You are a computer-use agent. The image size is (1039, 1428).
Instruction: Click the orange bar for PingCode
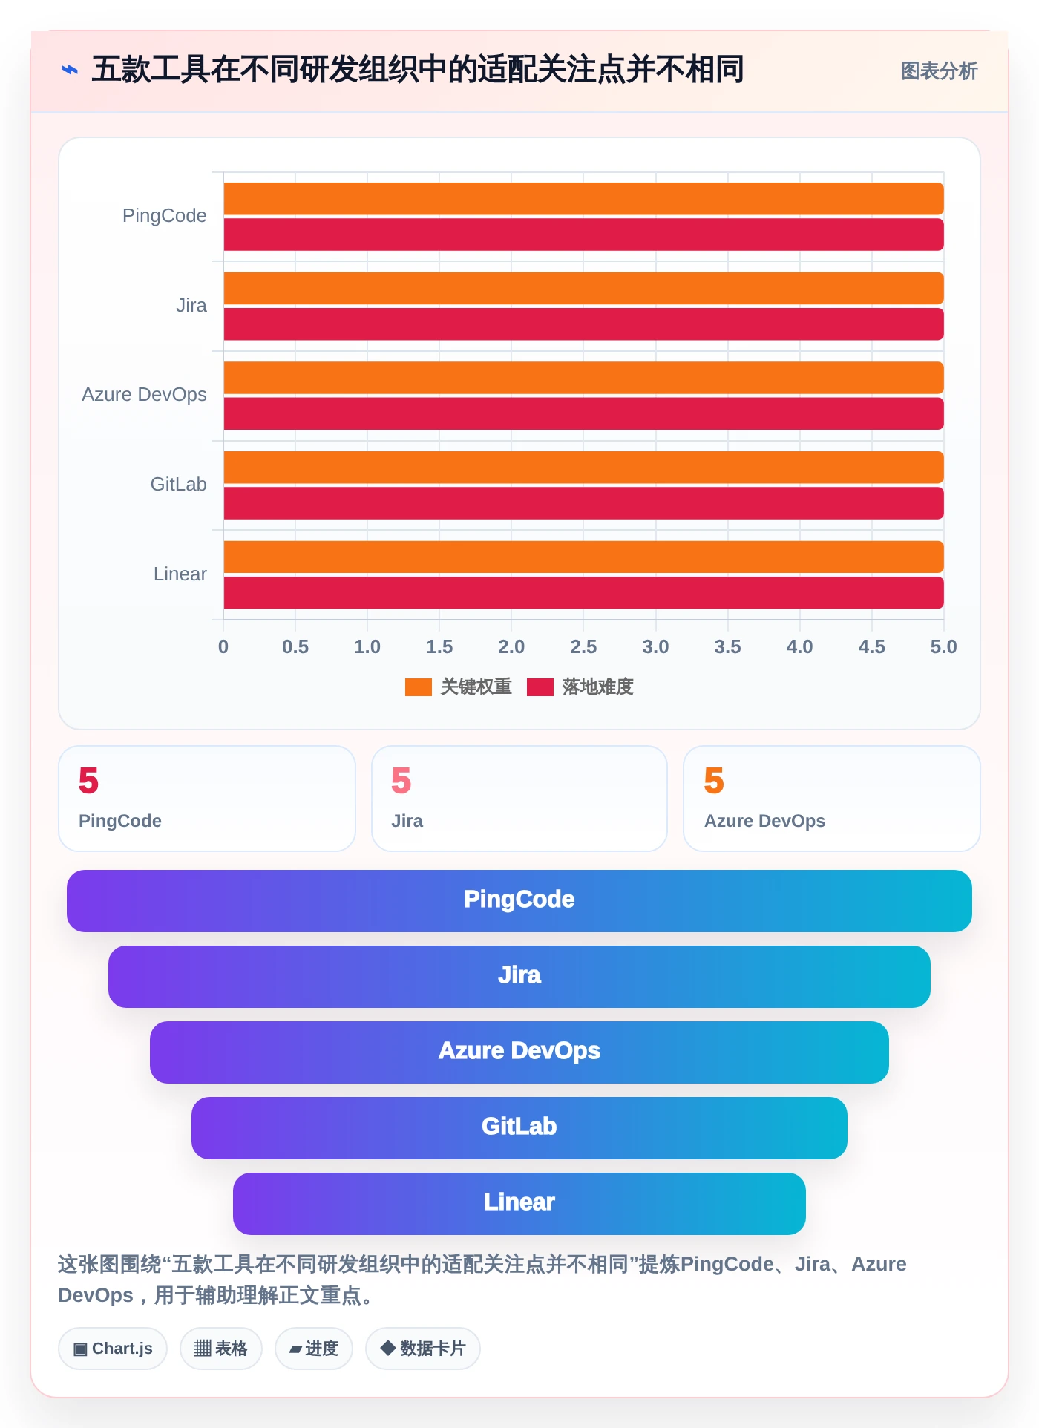click(x=583, y=199)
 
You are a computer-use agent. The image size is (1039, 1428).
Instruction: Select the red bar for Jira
click(x=583, y=324)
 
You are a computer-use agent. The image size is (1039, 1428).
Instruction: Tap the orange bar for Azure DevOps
click(x=583, y=378)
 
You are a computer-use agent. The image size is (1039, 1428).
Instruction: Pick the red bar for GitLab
click(x=583, y=503)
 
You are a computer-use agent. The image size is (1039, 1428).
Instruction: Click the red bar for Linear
click(x=583, y=593)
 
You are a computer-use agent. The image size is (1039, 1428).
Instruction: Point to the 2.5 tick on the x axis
click(x=583, y=646)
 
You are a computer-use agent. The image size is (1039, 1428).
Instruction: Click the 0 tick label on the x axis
click(x=223, y=646)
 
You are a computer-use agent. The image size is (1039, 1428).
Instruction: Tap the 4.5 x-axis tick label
click(x=872, y=646)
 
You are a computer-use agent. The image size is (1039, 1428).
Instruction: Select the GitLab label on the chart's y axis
click(x=179, y=484)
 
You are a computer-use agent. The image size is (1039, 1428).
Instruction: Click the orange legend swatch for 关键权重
click(x=419, y=687)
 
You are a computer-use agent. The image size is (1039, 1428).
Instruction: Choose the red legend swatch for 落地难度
click(x=540, y=687)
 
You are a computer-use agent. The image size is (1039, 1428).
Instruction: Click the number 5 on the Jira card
click(x=401, y=781)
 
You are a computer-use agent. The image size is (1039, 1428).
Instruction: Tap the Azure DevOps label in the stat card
click(x=764, y=821)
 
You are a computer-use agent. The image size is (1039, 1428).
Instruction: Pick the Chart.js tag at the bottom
click(x=113, y=1349)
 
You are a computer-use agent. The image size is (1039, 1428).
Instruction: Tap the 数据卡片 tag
click(x=423, y=1349)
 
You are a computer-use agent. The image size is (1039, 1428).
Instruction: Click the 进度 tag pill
click(x=314, y=1349)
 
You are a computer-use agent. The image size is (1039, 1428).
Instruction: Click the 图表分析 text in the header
click(x=939, y=71)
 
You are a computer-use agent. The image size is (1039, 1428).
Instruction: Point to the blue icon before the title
click(x=70, y=70)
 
